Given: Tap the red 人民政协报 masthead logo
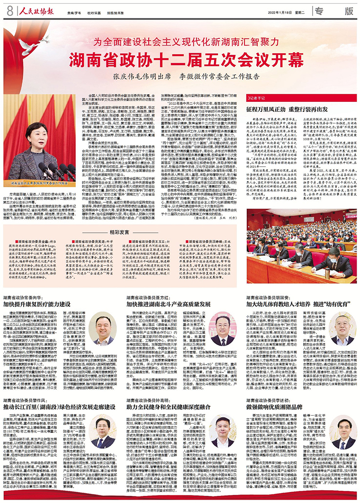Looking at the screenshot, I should [x=35, y=10].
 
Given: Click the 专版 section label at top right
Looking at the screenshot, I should [x=336, y=10].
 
